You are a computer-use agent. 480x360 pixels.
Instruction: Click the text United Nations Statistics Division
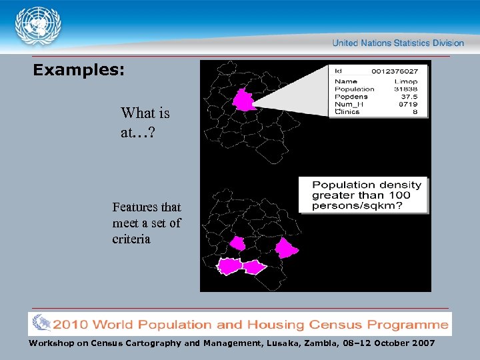398,43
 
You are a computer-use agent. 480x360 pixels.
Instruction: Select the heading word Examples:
79,69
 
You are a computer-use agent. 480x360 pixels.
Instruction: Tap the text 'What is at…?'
145,123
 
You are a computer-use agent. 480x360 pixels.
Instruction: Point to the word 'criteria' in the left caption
131,239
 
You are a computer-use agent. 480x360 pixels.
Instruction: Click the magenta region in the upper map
244,101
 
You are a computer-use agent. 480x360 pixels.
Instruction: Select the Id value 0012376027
395,71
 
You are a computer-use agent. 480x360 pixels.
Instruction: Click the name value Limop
406,81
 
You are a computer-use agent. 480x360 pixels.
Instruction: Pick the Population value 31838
405,89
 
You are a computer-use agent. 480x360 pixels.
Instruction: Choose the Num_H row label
349,104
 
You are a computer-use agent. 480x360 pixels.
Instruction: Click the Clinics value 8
415,112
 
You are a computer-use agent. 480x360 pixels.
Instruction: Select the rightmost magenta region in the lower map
286,248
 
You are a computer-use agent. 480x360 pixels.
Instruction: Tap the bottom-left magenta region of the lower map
229,266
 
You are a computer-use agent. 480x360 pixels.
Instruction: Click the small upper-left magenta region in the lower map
237,244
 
